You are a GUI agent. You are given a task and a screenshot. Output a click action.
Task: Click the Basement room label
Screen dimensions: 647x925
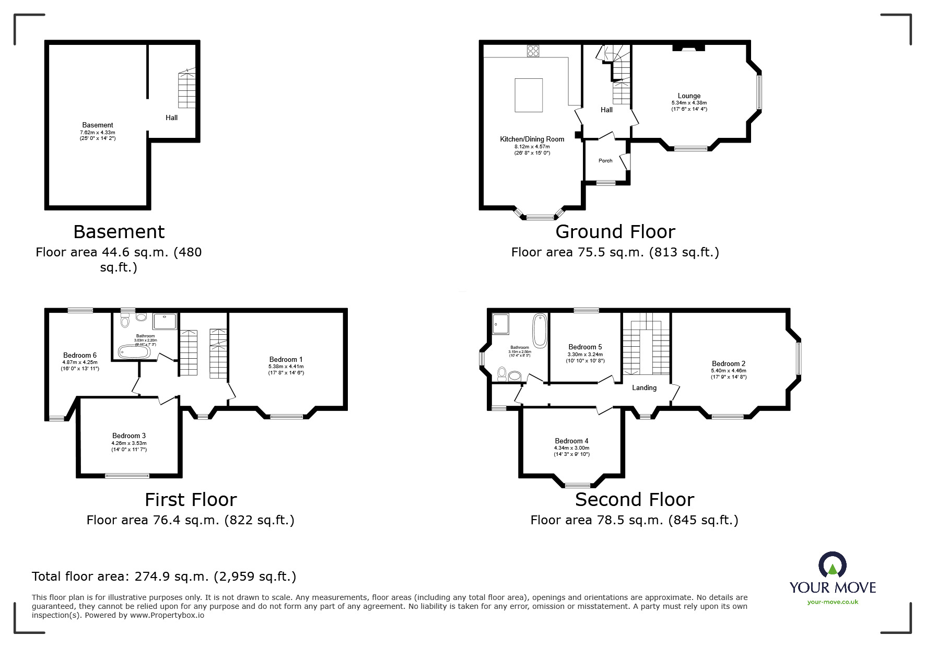tap(98, 125)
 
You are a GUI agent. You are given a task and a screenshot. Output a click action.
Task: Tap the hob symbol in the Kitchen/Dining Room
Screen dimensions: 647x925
tap(533, 51)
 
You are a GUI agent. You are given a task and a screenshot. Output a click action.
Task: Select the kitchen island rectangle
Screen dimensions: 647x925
tap(529, 95)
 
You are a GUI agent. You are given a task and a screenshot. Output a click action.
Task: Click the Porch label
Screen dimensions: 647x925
tap(605, 160)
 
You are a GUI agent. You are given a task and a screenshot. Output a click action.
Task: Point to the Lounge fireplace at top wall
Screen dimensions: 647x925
tap(688, 48)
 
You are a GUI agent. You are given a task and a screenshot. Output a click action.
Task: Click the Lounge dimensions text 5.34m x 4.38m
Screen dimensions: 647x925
tap(689, 103)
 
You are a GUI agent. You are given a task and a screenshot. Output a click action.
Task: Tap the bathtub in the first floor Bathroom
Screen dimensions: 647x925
tap(134, 351)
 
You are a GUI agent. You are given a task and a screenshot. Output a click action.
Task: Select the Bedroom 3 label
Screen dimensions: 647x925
tap(129, 436)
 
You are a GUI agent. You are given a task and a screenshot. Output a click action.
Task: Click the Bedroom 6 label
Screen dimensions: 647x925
tap(80, 355)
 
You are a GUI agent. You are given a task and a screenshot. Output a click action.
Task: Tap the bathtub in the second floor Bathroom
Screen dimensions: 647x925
tap(540, 330)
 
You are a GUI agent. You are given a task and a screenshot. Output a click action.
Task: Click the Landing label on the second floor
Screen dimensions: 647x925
tap(644, 387)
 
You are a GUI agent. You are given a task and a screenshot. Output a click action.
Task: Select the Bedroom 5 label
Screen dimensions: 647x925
tap(585, 347)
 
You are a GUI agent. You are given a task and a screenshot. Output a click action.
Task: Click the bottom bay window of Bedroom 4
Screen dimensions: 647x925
tap(578, 485)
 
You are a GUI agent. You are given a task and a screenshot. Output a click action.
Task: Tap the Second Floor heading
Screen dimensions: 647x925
tap(634, 500)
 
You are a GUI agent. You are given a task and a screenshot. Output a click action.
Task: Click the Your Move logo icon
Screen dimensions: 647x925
tap(832, 566)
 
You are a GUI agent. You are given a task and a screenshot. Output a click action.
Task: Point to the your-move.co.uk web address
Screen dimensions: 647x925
tap(833, 602)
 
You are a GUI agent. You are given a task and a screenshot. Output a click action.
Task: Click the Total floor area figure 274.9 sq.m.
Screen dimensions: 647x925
tap(164, 577)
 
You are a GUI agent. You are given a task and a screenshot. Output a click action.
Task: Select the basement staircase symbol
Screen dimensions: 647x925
tap(186, 89)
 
